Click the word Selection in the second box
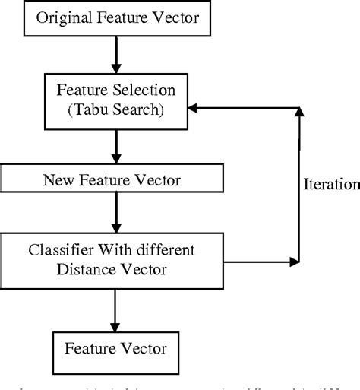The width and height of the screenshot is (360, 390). (x=138, y=90)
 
